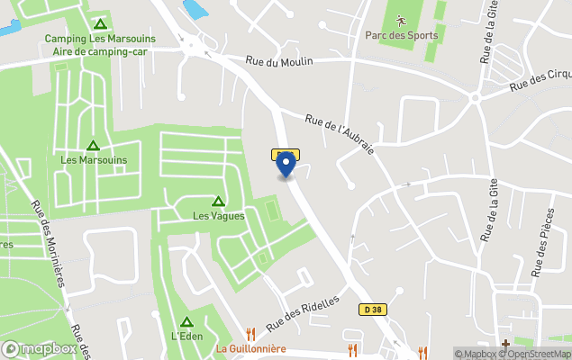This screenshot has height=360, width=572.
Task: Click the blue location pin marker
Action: pyautogui.click(x=286, y=165)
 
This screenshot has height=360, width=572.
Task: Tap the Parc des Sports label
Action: pyautogui.click(x=402, y=36)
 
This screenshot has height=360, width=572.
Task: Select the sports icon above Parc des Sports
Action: pyautogui.click(x=402, y=18)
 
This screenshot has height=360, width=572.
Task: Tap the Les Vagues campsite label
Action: pyautogui.click(x=218, y=216)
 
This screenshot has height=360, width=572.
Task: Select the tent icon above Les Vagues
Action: pyautogui.click(x=218, y=201)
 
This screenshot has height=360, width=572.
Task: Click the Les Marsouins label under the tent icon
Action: pyautogui.click(x=94, y=160)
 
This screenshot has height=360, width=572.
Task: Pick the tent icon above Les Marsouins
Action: pyautogui.click(x=93, y=145)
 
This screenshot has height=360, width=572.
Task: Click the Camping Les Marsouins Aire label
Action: pyautogui.click(x=100, y=45)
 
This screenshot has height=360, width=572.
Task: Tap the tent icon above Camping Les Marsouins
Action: pyautogui.click(x=101, y=23)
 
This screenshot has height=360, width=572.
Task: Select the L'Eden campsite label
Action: pyautogui.click(x=186, y=337)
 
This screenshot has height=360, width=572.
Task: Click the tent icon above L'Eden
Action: pyautogui.click(x=186, y=321)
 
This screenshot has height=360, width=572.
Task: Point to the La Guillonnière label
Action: pyautogui.click(x=250, y=349)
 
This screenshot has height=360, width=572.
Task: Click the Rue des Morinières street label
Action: pyautogui.click(x=49, y=242)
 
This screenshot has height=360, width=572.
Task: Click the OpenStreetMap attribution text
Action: pyautogui.click(x=539, y=354)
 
